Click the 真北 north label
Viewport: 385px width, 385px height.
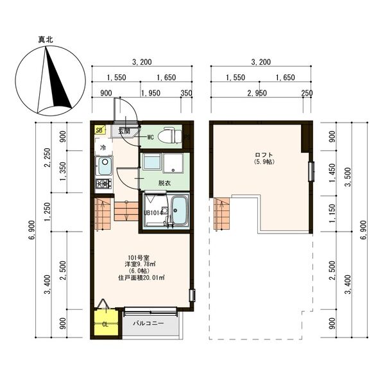coord(46,40)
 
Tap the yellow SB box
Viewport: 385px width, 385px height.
coord(100,130)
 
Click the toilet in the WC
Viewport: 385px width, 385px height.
coord(169,135)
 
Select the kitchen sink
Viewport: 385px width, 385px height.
coord(104,166)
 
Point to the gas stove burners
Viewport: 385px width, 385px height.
coord(104,183)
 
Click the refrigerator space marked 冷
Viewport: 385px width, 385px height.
coord(103,147)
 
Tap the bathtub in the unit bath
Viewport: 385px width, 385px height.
coord(179,210)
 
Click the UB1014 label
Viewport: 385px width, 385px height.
coord(153,213)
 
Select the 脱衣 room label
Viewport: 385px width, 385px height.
coord(164,183)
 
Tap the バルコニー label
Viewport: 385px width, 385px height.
coord(148,323)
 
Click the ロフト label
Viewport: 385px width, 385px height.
coord(264,155)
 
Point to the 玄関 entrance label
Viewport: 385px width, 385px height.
coord(124,131)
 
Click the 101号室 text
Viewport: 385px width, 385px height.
coord(139,257)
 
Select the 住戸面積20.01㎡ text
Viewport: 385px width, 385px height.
coord(141,278)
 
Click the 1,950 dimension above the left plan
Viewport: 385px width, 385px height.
coord(151,93)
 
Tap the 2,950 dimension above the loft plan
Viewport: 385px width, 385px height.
coord(257,93)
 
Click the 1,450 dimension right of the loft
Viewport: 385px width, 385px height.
coord(332,173)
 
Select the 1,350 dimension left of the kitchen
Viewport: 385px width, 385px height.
coord(63,171)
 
